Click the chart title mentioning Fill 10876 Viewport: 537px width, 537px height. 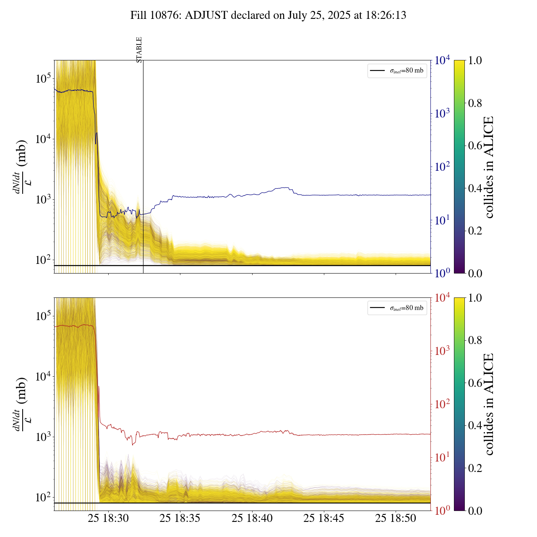(268, 16)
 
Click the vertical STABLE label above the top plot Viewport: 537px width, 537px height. (139, 50)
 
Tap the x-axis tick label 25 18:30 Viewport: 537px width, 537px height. (108, 519)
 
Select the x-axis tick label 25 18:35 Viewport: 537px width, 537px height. (180, 519)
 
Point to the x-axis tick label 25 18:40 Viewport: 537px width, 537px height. (252, 519)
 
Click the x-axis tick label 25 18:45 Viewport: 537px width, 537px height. (324, 519)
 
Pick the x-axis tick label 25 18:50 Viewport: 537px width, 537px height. (396, 519)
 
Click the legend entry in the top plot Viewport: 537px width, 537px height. (397, 70)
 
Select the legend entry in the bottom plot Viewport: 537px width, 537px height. (397, 308)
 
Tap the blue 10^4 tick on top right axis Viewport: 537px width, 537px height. (442, 61)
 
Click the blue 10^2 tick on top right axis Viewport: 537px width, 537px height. (442, 167)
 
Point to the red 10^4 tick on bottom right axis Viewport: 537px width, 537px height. (442, 298)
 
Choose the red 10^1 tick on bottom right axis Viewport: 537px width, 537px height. (442, 457)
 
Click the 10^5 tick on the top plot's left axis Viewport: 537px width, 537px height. (42, 79)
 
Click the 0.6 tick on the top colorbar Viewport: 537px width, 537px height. (475, 146)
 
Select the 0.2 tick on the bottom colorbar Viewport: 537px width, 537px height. (475, 468)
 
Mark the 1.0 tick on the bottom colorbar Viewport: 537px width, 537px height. (475, 298)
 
